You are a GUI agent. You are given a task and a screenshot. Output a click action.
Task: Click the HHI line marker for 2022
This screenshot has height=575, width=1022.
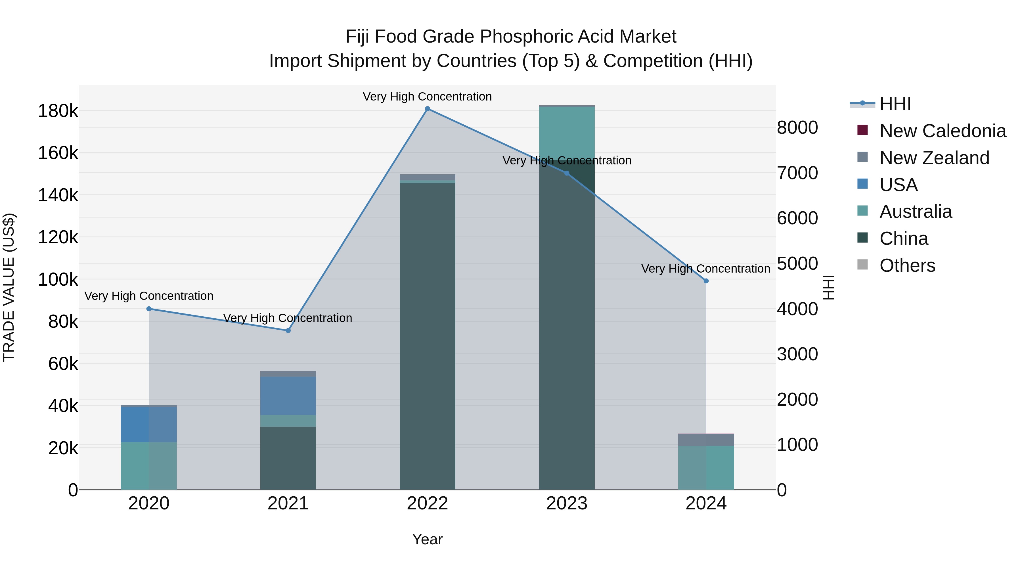point(427,109)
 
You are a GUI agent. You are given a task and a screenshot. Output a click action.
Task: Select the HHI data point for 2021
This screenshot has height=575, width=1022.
point(288,331)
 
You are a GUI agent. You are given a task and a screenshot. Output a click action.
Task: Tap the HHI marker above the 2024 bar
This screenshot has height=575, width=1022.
point(706,281)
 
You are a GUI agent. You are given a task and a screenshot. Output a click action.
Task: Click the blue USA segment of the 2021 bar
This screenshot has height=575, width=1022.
point(288,396)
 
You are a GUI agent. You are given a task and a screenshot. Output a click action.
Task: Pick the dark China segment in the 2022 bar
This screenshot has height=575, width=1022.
point(427,337)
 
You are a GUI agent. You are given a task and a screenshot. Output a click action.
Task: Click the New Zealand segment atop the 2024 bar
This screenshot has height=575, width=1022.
point(706,440)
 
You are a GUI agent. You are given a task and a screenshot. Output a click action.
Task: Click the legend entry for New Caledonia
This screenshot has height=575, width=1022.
point(942,131)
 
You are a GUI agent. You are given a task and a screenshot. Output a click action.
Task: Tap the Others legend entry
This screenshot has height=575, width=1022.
point(907,265)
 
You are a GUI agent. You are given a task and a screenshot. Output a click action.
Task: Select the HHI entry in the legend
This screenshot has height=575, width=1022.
point(895,104)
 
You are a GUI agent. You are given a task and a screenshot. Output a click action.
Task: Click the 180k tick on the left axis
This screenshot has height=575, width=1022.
point(58,111)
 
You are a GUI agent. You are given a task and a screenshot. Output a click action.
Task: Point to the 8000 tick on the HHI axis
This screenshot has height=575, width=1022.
point(797,128)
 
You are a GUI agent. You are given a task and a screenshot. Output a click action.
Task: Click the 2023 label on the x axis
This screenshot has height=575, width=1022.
point(567,503)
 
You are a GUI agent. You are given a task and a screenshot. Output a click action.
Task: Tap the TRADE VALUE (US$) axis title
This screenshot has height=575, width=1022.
point(9,287)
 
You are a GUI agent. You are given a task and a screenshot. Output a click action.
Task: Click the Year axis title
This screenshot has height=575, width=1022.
point(427,539)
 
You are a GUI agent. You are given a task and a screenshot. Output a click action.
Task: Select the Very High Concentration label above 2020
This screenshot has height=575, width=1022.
point(149,296)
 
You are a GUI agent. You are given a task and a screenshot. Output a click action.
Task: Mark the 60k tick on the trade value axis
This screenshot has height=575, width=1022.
point(63,364)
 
